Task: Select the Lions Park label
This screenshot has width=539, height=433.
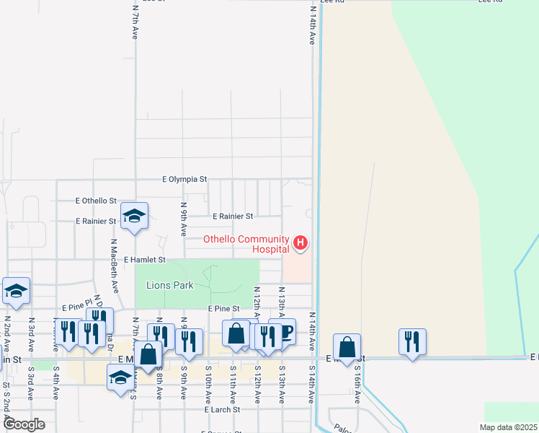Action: click(170, 285)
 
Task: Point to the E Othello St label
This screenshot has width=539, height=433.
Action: click(96, 201)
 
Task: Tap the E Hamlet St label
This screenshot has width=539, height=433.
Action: click(145, 259)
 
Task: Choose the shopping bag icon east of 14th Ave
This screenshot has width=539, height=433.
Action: click(347, 347)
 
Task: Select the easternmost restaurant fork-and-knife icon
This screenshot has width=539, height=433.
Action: click(412, 342)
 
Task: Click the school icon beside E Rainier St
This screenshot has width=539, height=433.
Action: click(134, 216)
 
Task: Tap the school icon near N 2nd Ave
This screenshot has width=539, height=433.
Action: click(16, 291)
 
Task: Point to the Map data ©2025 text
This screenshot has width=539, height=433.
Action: click(508, 427)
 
